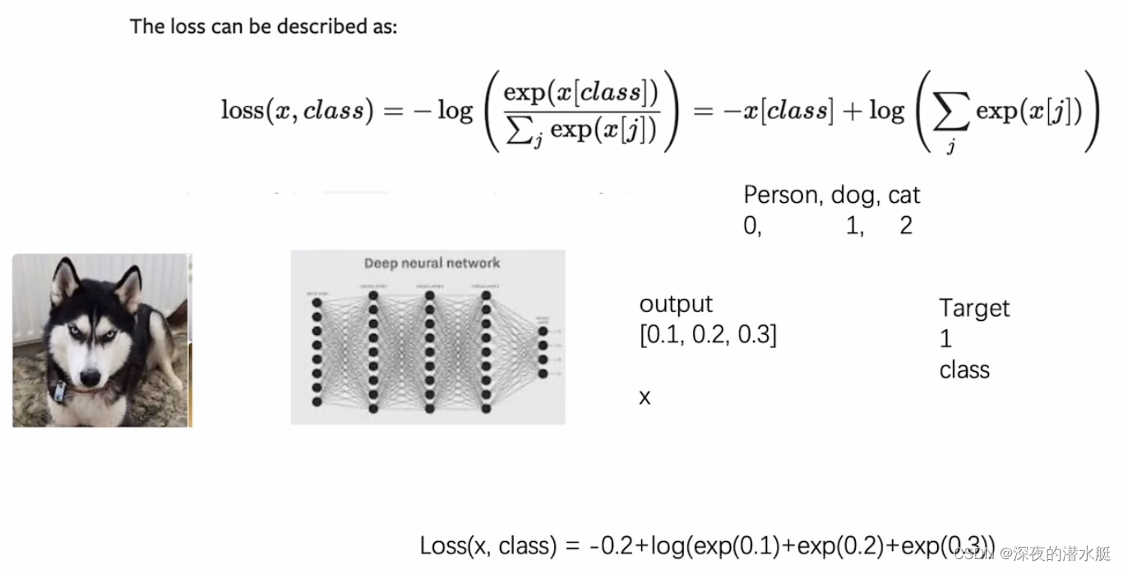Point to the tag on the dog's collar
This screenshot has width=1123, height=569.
pyautogui.click(x=60, y=392)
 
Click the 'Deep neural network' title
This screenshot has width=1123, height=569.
pyautogui.click(x=432, y=264)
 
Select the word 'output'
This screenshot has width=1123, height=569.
pyautogui.click(x=676, y=305)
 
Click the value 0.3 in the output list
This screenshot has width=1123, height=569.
pyautogui.click(x=755, y=335)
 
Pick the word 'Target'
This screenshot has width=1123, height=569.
pyautogui.click(x=974, y=309)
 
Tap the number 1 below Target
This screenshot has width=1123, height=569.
pyautogui.click(x=945, y=338)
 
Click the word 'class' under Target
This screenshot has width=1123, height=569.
pyautogui.click(x=964, y=369)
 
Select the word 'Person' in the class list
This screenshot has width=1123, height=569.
pyautogui.click(x=781, y=195)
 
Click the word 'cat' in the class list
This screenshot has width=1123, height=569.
pyautogui.click(x=903, y=195)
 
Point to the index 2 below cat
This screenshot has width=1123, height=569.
pyautogui.click(x=906, y=226)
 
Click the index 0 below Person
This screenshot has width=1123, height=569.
pyautogui.click(x=751, y=226)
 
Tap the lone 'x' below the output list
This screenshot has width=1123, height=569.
pyautogui.click(x=645, y=397)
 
